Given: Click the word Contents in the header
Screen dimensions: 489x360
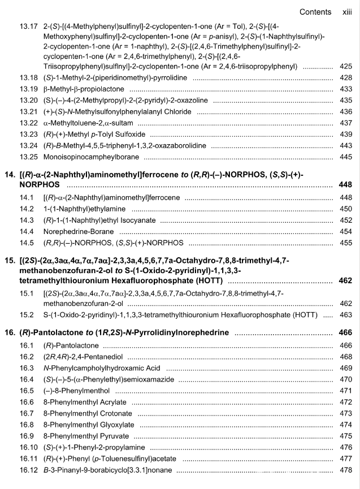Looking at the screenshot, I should tap(315, 11).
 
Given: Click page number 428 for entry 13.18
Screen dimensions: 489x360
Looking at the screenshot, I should tap(345, 77).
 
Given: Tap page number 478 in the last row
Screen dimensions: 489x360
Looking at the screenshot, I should tap(345, 470).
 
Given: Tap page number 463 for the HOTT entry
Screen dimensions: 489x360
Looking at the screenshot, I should tap(345, 314).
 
